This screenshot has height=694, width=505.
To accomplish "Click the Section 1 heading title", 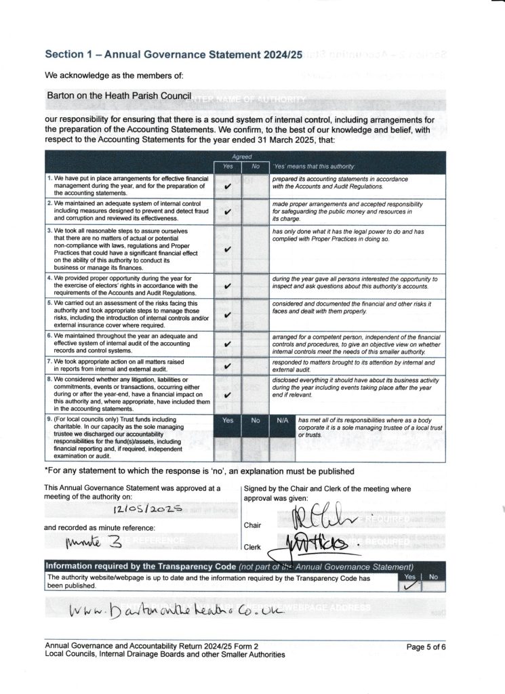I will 174,54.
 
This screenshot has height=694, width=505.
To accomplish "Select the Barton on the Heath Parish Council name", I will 119,96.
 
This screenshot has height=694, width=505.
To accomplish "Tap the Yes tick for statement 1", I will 228,184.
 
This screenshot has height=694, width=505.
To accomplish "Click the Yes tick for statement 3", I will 228,249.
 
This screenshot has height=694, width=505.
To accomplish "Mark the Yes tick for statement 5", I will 228,314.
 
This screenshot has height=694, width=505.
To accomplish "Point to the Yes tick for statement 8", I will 228,394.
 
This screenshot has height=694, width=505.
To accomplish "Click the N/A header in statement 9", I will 283,421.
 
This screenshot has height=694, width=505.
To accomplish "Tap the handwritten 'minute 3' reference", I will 85,542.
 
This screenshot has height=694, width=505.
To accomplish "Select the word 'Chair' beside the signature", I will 252,525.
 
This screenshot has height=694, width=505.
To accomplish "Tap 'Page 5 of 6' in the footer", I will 426,647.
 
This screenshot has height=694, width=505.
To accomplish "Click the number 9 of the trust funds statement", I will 49,420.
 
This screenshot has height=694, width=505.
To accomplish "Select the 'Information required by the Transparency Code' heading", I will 140,567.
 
